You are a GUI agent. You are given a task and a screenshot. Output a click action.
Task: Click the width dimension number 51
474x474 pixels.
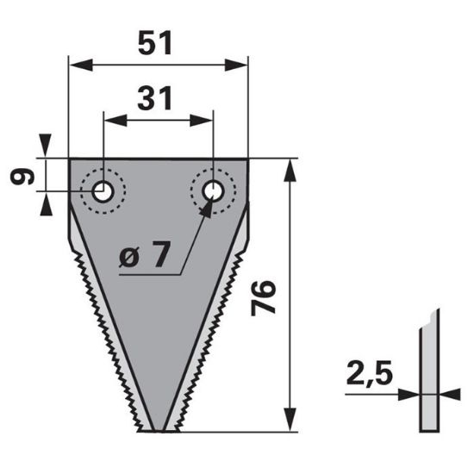(158, 44)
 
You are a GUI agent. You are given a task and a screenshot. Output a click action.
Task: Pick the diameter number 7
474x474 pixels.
(159, 255)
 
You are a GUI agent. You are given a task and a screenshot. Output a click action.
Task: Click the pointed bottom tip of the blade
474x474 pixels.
(158, 430)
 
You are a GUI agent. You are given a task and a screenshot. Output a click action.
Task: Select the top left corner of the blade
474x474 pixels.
(70, 159)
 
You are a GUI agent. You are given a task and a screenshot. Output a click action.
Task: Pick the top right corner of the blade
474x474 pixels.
(248, 159)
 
